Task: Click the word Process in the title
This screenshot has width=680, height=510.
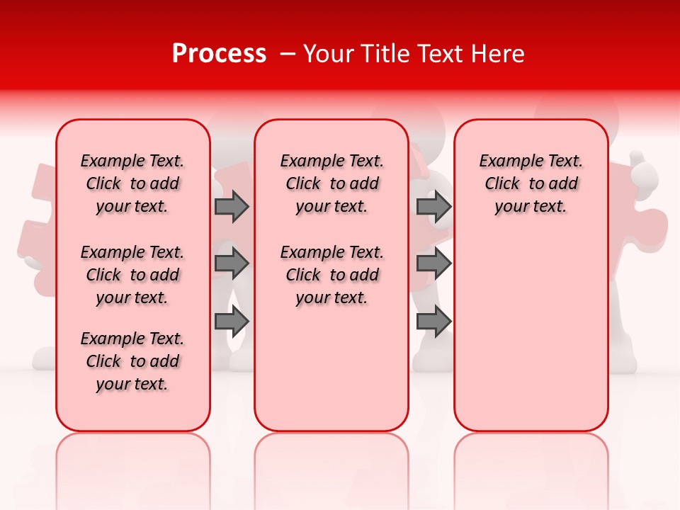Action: [x=219, y=54]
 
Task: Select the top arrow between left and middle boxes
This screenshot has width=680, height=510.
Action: [x=232, y=207]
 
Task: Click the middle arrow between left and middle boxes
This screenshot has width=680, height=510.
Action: [x=232, y=264]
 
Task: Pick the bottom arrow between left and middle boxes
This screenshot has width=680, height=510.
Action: [x=232, y=322]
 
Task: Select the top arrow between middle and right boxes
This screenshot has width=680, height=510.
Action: [x=433, y=207]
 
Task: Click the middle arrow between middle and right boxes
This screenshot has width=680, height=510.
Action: [x=433, y=264]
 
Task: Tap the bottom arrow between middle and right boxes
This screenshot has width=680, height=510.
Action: [x=433, y=322]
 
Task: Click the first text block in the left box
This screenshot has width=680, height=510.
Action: [x=132, y=183]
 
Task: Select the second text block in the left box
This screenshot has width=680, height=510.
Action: [x=132, y=275]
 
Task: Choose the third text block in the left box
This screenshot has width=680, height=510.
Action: [x=132, y=361]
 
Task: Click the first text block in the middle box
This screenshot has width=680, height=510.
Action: [x=331, y=183]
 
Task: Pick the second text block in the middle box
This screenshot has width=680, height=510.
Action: [x=331, y=275]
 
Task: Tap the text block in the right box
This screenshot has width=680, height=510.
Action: [x=531, y=183]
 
